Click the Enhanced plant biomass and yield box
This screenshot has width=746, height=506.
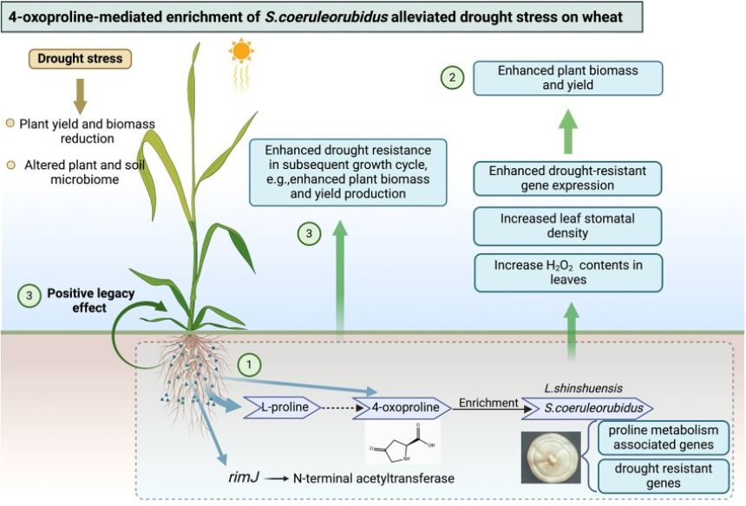click(x=566, y=78)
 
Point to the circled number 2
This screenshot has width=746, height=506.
click(x=451, y=78)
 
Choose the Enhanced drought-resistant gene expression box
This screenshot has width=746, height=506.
click(x=566, y=178)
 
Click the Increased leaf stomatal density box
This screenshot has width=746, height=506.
click(x=566, y=227)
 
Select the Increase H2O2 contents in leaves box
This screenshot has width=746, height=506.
click(x=566, y=271)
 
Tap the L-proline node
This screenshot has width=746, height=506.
click(x=286, y=406)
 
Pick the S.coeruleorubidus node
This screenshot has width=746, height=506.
click(x=586, y=407)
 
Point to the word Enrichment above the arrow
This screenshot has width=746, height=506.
click(x=488, y=402)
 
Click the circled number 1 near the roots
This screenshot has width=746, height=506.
click(x=249, y=366)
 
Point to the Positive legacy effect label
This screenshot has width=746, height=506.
click(x=83, y=300)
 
